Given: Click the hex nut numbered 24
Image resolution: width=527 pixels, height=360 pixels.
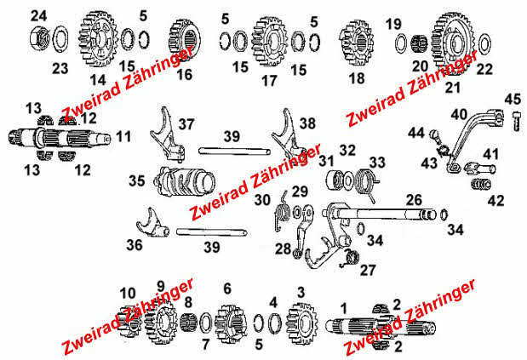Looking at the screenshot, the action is tap(39, 37).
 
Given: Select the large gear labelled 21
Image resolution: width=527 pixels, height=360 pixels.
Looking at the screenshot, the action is tap(452, 42).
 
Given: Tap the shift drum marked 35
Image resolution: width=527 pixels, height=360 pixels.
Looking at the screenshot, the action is tap(185, 181).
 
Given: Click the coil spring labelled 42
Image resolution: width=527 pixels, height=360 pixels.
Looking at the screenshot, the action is tap(481, 184).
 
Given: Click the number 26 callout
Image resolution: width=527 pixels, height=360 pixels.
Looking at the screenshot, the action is tap(414, 200).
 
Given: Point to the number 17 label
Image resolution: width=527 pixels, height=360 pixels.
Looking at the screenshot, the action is tap(269, 81).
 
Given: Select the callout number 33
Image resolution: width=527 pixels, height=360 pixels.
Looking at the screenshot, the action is tap(377, 163).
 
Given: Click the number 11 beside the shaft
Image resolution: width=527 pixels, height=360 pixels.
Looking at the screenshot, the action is tap(123, 136).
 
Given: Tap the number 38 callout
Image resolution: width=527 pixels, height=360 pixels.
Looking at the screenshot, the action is tap(307, 123).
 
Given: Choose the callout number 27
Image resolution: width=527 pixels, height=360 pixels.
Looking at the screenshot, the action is tap(368, 270).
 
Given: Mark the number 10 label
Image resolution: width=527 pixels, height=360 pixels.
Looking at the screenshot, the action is tap(128, 293).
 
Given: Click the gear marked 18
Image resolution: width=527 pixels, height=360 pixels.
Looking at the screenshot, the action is tap(356, 43).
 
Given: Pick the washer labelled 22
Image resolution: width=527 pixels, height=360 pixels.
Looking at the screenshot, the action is tap(484, 43).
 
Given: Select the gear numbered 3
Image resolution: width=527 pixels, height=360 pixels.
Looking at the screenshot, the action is tap(301, 323).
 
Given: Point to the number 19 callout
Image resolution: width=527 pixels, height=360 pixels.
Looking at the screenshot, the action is tap(393, 24).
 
